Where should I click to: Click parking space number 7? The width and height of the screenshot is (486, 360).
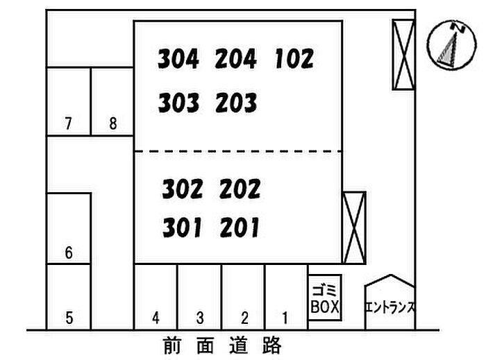[69, 101]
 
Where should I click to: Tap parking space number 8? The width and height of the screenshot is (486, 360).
[112, 101]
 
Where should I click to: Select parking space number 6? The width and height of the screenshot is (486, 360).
[69, 228]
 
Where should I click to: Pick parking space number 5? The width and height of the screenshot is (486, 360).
[69, 297]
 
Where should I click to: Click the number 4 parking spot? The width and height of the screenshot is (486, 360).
[156, 297]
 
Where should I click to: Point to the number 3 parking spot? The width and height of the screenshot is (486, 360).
[200, 297]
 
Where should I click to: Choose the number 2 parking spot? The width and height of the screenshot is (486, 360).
[244, 297]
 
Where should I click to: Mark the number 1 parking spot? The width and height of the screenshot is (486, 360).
[287, 297]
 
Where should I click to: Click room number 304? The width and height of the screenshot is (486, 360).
[178, 59]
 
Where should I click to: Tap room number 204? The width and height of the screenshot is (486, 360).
[236, 59]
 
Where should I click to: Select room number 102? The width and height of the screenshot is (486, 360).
[294, 58]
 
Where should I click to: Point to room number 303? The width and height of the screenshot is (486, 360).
[178, 103]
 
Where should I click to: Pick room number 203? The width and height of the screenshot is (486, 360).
[237, 103]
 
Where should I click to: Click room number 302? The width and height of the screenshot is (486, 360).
[183, 189]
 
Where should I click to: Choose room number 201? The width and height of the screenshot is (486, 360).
[240, 228]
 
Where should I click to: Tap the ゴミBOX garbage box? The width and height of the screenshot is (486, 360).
[325, 298]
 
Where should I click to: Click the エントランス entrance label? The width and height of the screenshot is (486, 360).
[390, 307]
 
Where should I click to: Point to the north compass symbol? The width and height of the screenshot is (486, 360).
[451, 45]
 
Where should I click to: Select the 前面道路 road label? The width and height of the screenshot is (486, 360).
[222, 345]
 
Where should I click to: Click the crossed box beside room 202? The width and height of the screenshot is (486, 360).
[354, 228]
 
